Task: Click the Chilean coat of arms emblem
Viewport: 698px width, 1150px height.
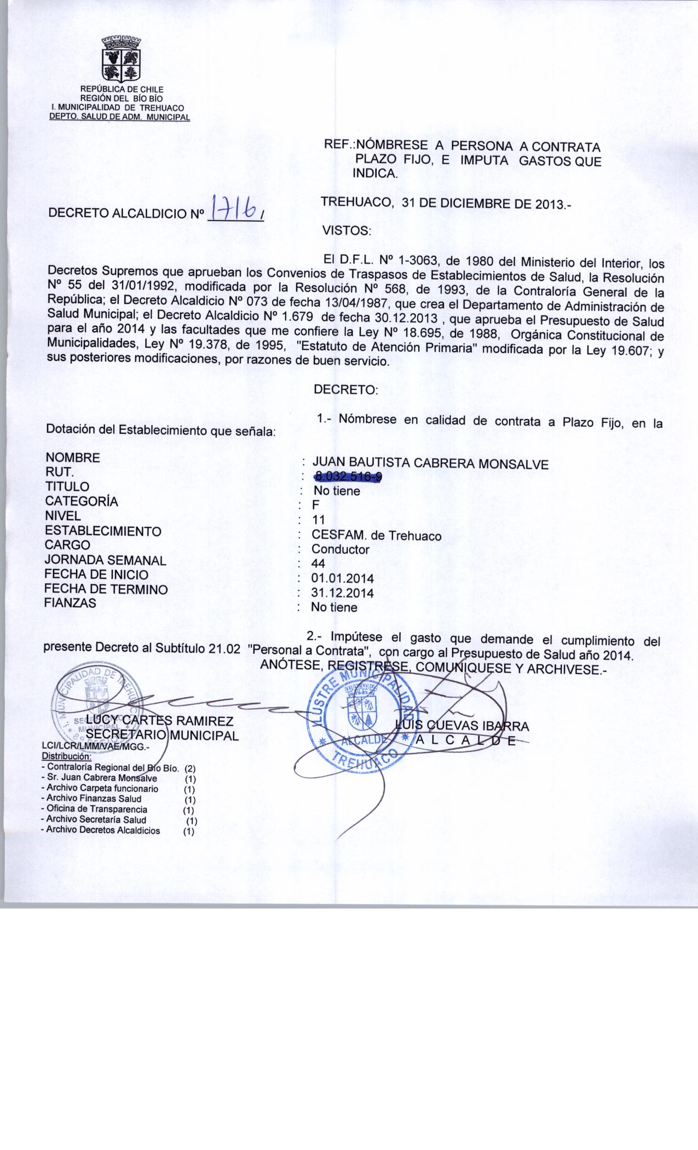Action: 122,60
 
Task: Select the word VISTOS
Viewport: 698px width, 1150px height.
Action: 347,231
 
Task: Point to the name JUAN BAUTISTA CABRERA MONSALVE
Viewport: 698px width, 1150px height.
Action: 429,464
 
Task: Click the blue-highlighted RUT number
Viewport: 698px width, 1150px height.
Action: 347,478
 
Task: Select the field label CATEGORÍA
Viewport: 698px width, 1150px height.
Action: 82,501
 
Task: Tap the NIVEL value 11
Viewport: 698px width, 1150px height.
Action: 318,520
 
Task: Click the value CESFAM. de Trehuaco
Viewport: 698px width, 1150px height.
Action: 376,535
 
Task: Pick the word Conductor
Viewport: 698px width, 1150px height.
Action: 340,549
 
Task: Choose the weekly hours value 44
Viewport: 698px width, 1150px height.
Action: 318,563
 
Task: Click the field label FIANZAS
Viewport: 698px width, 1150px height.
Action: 71,603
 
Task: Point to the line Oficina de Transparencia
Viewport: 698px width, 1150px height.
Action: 97,809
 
